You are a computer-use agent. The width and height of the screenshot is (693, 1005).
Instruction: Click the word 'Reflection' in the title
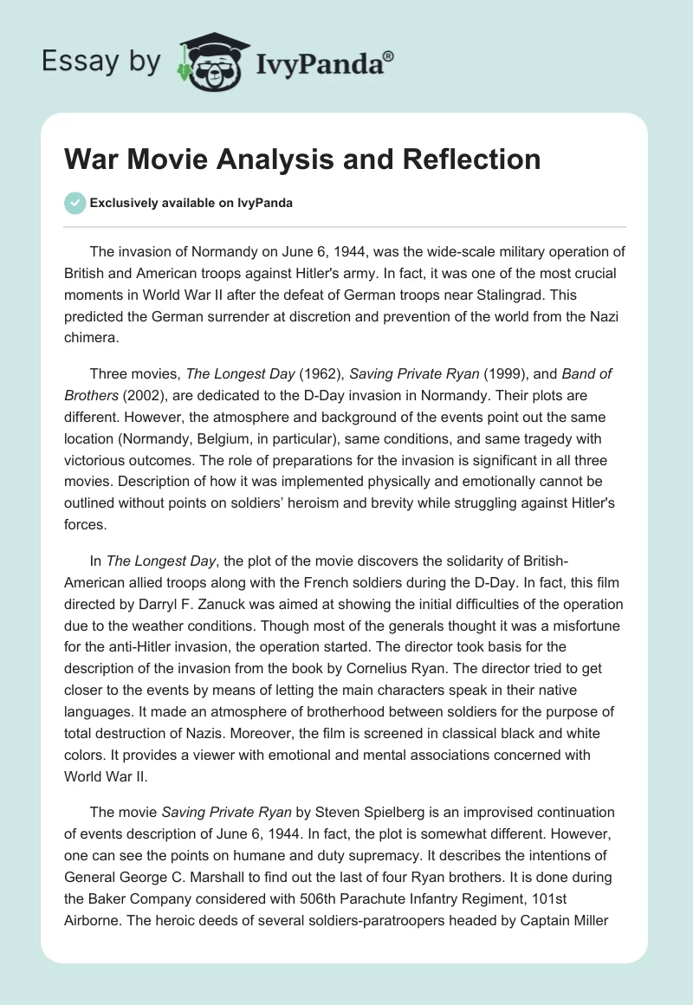coord(470,160)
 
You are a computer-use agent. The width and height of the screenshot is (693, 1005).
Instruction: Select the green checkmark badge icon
coord(75,203)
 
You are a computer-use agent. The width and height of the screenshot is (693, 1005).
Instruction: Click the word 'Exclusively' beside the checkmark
coord(122,204)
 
